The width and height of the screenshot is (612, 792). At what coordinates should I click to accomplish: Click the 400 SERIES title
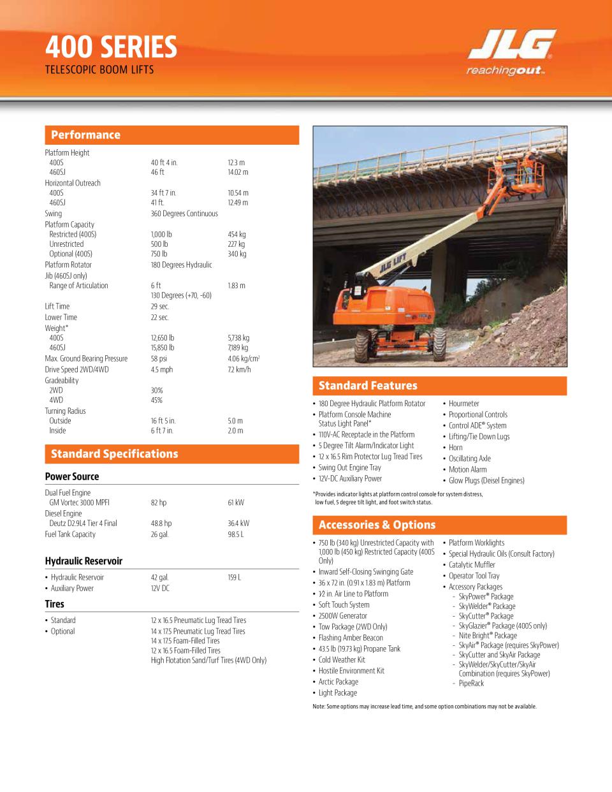111,47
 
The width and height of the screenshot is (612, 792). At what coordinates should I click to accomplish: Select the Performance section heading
85,135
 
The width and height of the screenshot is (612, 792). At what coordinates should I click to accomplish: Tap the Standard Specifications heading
114,453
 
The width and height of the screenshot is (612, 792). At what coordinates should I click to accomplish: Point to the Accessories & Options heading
377,525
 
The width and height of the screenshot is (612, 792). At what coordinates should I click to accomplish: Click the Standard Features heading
368,385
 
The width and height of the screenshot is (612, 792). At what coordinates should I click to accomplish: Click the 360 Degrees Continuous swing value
184,214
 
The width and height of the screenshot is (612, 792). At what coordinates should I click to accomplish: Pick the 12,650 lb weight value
162,337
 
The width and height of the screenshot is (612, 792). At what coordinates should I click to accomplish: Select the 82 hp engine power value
158,502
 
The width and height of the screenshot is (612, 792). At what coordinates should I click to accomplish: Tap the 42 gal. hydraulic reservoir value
159,577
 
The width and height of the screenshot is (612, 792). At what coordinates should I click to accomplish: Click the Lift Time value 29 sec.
159,306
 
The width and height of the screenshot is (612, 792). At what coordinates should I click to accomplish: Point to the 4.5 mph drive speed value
162,369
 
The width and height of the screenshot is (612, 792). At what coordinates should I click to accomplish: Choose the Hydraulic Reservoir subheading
84,561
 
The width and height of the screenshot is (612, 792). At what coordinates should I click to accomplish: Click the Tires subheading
54,604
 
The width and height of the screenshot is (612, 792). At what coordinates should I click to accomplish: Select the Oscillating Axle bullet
469,458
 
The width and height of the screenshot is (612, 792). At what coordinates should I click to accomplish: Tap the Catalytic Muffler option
472,565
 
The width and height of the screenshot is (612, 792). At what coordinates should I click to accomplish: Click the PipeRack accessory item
471,683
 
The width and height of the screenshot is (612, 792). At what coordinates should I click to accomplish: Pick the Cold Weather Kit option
342,659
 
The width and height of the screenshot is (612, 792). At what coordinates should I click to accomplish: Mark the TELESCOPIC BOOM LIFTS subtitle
99,70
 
